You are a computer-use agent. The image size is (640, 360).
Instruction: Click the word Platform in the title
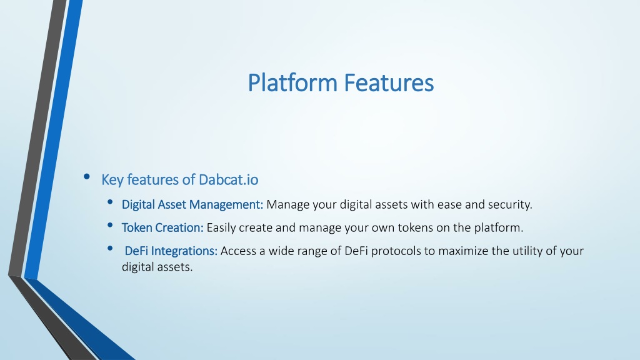(x=292, y=83)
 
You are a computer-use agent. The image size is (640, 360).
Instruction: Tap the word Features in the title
(x=389, y=83)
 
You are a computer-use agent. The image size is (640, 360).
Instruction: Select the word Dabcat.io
(x=228, y=179)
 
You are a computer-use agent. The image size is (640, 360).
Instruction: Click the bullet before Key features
(x=86, y=177)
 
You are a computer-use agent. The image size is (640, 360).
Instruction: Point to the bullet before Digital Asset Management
(x=110, y=202)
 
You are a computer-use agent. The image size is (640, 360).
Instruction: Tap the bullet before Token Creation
(x=110, y=225)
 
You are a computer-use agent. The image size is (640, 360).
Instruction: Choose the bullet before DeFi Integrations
(x=110, y=248)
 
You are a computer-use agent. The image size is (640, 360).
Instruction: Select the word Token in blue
(x=137, y=227)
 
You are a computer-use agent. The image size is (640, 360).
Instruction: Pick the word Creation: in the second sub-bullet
(x=179, y=227)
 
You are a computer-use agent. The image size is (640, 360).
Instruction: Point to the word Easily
(x=221, y=227)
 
